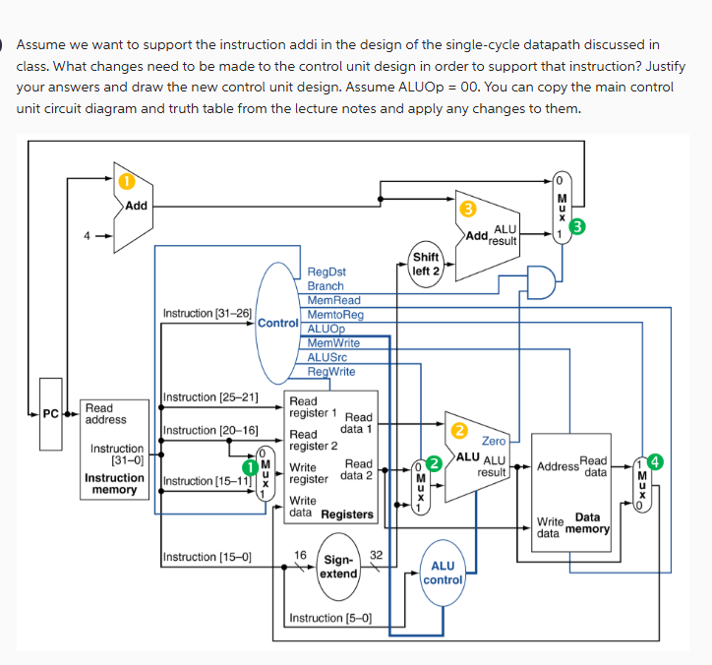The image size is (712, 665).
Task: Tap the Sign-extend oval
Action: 339,567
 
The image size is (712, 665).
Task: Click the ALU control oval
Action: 443,572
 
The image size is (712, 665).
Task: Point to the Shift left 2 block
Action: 426,264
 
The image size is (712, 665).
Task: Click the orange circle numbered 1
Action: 125,182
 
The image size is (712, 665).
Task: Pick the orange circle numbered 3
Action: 469,209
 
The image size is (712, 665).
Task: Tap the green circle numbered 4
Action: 656,460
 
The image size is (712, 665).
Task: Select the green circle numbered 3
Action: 578,228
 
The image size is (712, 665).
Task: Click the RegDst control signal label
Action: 326,272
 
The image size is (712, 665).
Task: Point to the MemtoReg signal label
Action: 335,314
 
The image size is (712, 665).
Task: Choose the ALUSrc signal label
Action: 327,356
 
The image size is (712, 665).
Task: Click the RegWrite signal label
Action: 331,371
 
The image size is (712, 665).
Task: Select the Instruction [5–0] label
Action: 329,618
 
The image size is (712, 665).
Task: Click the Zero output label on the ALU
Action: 493,441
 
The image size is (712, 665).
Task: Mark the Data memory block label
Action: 587,522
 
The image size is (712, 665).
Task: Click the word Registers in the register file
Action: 347,514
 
